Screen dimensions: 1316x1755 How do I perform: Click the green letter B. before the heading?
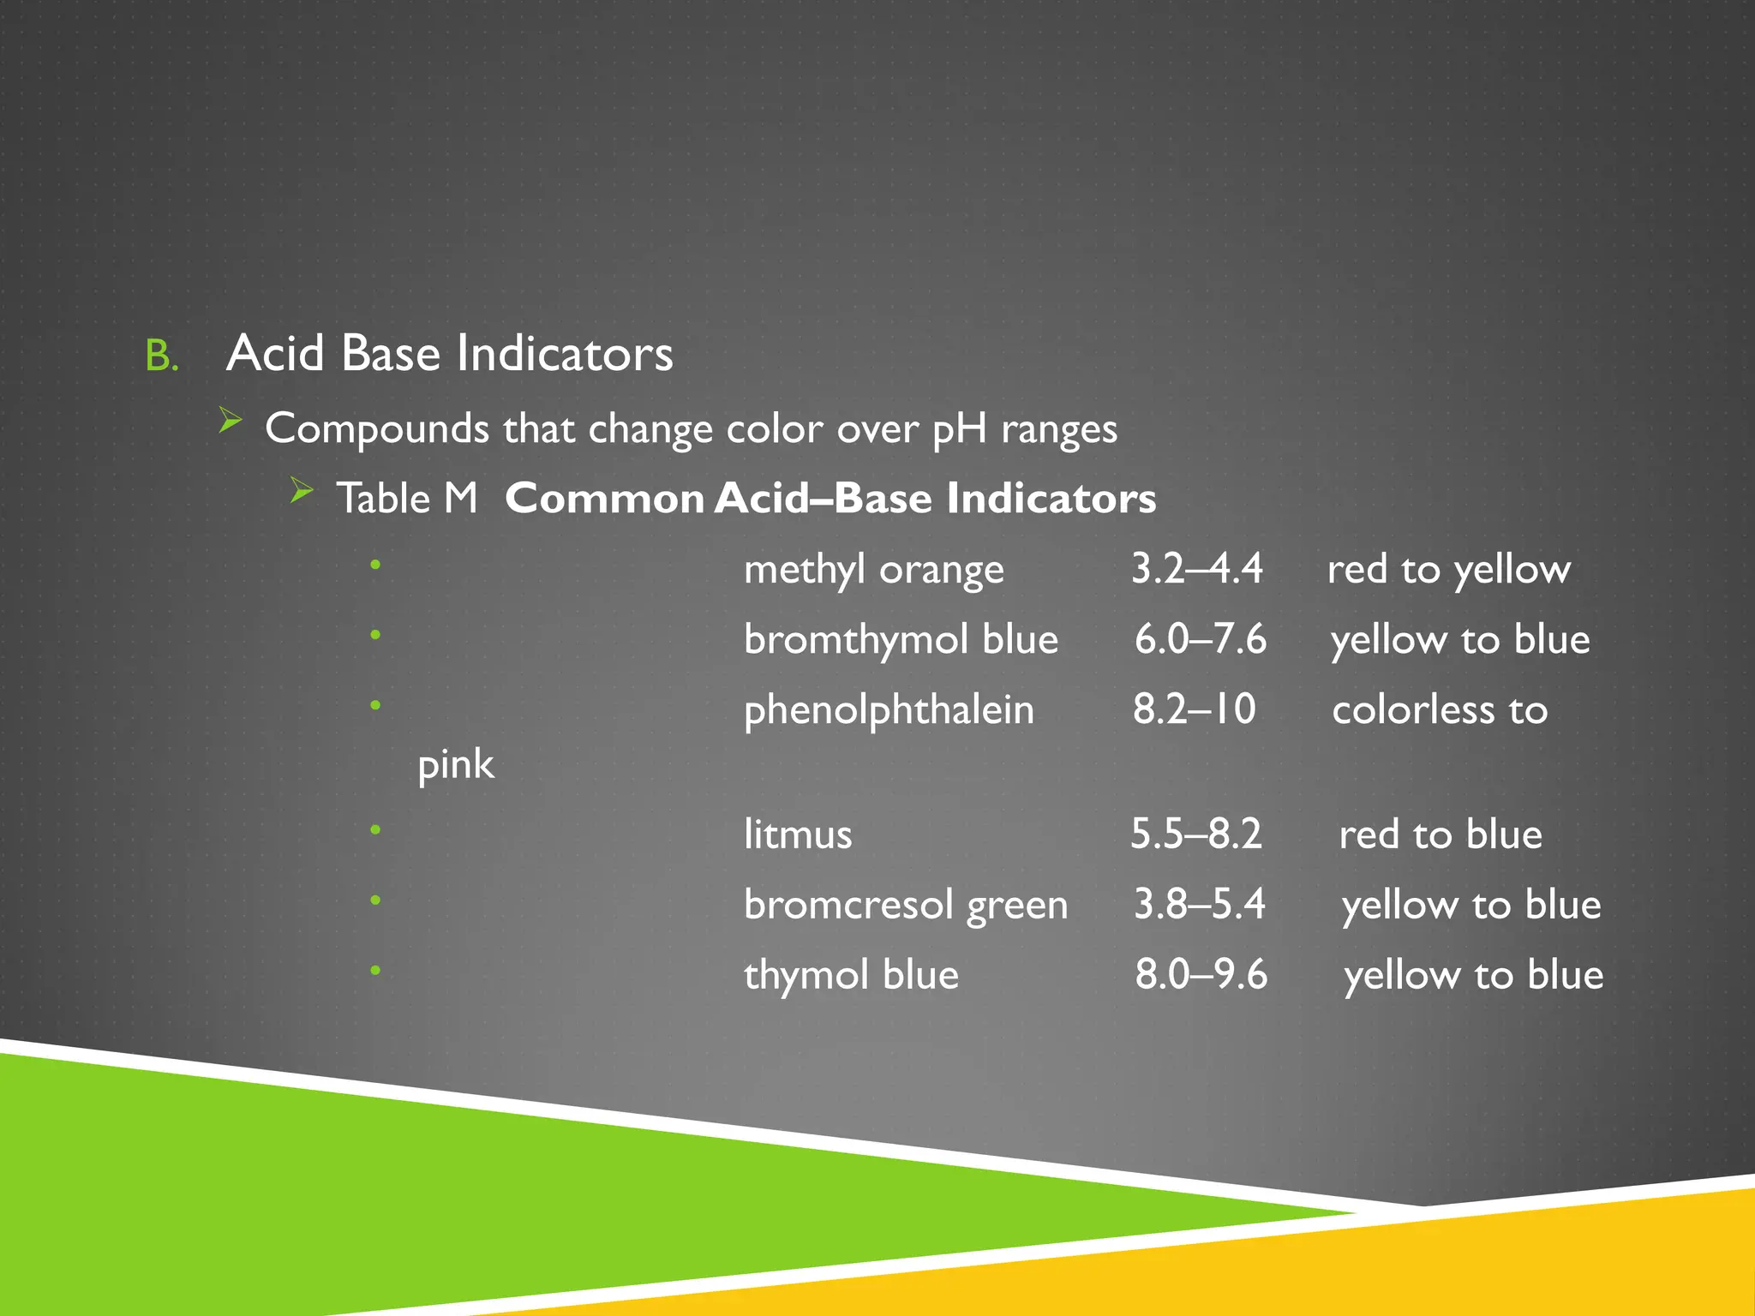(x=162, y=356)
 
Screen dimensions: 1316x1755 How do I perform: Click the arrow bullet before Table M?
(x=302, y=490)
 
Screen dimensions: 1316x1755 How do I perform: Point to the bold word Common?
(x=604, y=499)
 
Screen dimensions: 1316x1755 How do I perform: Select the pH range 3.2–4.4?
(x=1196, y=569)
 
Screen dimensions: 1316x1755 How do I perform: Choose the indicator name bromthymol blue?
(x=901, y=640)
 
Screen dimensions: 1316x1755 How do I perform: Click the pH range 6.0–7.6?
(x=1200, y=640)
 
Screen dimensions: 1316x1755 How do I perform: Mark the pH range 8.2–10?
(x=1194, y=710)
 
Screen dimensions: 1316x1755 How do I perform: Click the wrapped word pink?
(x=455, y=765)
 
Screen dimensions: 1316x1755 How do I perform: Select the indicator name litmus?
(x=798, y=834)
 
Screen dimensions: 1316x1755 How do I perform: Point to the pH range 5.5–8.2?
(x=1195, y=834)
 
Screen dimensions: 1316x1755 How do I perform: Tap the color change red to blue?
(x=1441, y=835)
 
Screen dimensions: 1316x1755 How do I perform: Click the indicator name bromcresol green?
(x=906, y=906)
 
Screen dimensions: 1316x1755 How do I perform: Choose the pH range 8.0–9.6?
(x=1201, y=975)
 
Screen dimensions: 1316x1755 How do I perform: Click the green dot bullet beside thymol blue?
(x=375, y=971)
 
